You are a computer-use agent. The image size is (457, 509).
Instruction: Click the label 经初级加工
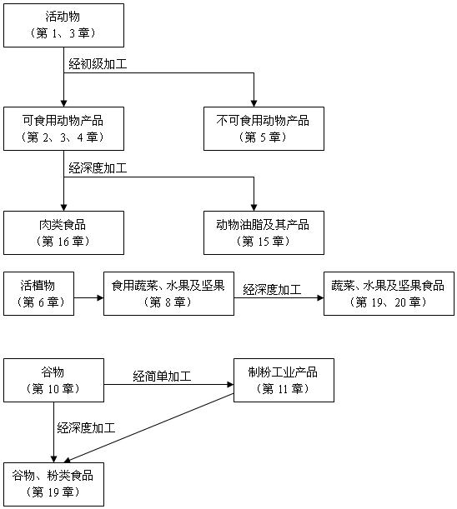[x=98, y=64]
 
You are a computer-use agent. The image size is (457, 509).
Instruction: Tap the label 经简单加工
[x=162, y=377]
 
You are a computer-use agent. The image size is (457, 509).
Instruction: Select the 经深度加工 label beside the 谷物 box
[x=86, y=428]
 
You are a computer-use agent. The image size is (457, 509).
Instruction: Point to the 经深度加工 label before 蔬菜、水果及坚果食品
[x=272, y=289]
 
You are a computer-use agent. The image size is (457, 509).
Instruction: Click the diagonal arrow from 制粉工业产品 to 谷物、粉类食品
[x=149, y=427]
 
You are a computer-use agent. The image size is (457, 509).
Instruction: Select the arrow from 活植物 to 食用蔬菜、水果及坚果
[x=88, y=297]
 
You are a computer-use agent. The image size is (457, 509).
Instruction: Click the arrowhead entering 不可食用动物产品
[x=254, y=103]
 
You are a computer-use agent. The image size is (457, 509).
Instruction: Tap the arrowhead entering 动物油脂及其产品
[x=254, y=207]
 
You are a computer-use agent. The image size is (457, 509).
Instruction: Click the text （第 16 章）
[x=63, y=242]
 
